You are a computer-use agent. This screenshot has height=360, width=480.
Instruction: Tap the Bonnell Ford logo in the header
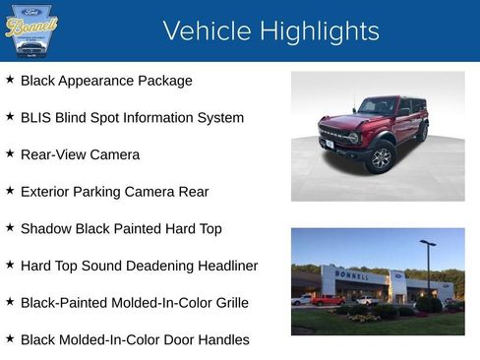tap(31, 30)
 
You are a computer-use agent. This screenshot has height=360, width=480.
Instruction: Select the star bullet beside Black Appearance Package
tap(10, 80)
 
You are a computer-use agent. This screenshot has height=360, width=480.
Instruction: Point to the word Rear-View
tap(56, 154)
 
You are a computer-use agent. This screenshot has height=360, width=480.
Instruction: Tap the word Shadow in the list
tap(46, 228)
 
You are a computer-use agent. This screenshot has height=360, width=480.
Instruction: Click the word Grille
tap(227, 303)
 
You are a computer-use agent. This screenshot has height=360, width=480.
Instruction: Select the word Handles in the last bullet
tap(221, 339)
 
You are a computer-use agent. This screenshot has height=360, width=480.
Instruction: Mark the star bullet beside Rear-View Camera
tap(10, 154)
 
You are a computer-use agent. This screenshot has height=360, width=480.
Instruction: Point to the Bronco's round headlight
tap(354, 138)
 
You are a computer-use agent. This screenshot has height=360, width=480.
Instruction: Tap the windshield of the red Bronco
tap(379, 106)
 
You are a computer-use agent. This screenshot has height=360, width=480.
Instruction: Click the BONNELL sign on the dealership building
tap(351, 274)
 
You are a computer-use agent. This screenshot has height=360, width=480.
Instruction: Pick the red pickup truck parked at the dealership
tap(328, 300)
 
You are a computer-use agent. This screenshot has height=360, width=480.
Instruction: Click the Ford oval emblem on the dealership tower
tap(396, 276)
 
